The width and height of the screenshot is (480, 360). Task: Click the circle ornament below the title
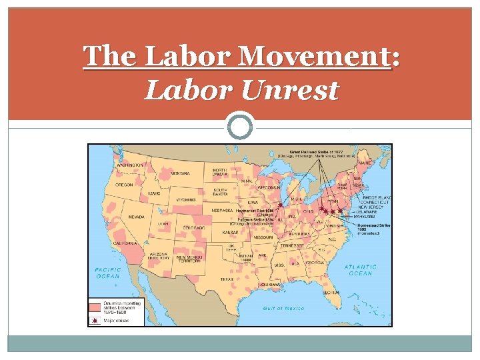(x=240, y=126)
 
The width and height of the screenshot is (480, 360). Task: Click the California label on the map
(x=125, y=244)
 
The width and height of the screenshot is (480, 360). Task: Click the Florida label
(x=331, y=292)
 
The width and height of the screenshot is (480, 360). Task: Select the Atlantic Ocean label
(x=361, y=269)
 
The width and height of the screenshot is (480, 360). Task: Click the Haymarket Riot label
(x=255, y=211)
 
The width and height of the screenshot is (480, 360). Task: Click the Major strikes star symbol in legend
(x=95, y=321)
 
